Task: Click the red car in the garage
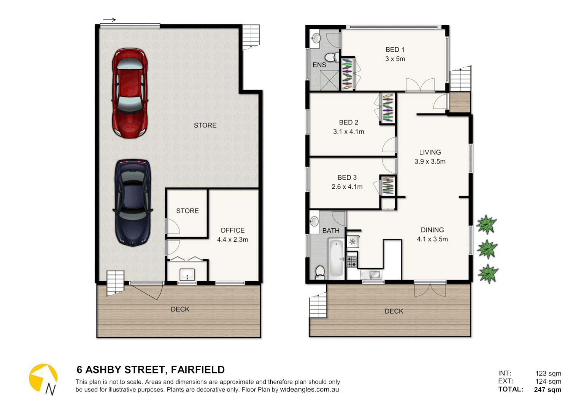(x=130, y=93)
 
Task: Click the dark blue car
(x=133, y=202)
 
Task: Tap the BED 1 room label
(x=395, y=50)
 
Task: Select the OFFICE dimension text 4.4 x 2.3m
(x=232, y=240)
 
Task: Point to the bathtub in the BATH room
(x=336, y=258)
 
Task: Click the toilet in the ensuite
(x=332, y=57)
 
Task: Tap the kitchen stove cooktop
(x=352, y=261)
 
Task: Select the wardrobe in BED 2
(x=387, y=108)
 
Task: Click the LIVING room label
(x=430, y=152)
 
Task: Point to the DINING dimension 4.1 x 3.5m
(x=432, y=239)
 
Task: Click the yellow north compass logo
(x=43, y=378)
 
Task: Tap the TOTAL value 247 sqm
(x=547, y=389)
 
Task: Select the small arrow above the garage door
(x=110, y=20)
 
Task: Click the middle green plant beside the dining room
(x=487, y=249)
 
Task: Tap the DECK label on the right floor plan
(x=394, y=311)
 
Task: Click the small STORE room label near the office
(x=187, y=211)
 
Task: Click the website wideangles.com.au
(x=309, y=390)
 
